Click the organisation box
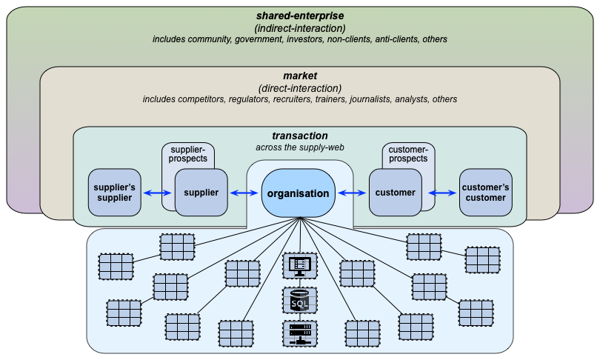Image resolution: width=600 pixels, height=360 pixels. pyautogui.click(x=298, y=193)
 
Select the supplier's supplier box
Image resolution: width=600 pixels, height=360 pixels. pyautogui.click(x=114, y=193)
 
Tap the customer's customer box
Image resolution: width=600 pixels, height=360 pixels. pyautogui.click(x=486, y=193)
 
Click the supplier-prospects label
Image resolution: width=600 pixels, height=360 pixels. pyautogui.click(x=188, y=154)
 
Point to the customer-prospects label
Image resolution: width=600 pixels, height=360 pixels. pyautogui.click(x=408, y=154)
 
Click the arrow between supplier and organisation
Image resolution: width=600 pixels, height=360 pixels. pyautogui.click(x=244, y=193)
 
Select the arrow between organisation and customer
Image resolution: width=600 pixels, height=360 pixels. pyautogui.click(x=352, y=193)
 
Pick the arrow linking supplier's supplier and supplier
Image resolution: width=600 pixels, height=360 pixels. pyautogui.click(x=158, y=193)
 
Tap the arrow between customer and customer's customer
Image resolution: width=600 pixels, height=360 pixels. pyautogui.click(x=442, y=193)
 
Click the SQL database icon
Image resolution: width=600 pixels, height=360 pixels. pyautogui.click(x=300, y=300)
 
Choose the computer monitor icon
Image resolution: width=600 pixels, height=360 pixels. pyautogui.click(x=300, y=266)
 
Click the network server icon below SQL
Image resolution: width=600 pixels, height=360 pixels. pyautogui.click(x=300, y=333)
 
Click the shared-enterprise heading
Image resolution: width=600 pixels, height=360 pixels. pyautogui.click(x=300, y=16)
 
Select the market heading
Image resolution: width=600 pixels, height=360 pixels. pyautogui.click(x=300, y=76)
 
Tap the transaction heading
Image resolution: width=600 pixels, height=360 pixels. pyautogui.click(x=300, y=136)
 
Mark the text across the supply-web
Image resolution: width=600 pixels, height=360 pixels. pyautogui.click(x=300, y=147)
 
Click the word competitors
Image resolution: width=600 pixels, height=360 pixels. pyautogui.click(x=201, y=99)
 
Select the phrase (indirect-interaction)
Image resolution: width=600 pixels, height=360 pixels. pyautogui.click(x=300, y=28)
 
